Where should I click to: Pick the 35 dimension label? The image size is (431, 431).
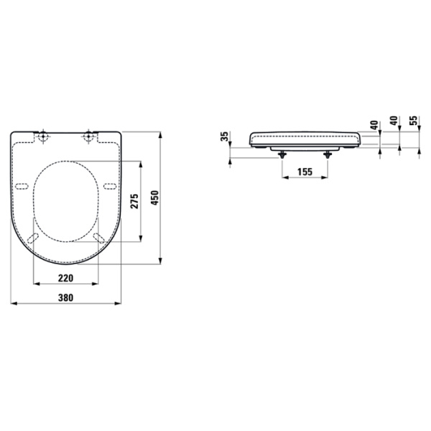225,136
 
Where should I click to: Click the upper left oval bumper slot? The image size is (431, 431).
22,187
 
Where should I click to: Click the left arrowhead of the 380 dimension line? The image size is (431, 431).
14,304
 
